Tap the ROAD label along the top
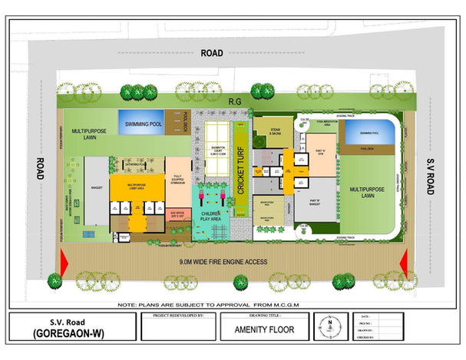(211, 54)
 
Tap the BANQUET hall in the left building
(97, 186)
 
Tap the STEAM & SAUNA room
(273, 133)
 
